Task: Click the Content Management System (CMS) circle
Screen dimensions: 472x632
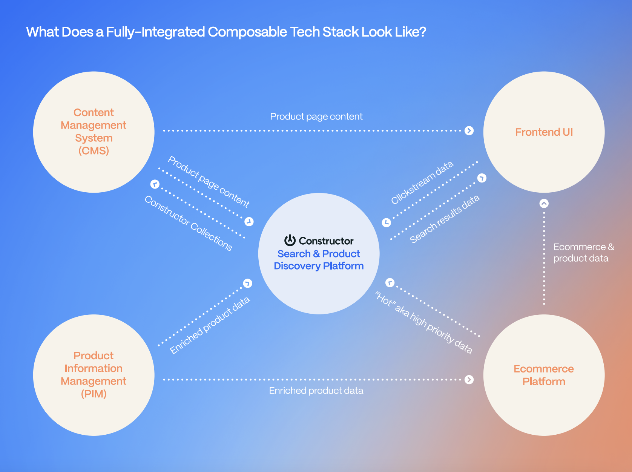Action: click(94, 132)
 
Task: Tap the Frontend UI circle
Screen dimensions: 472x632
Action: click(544, 132)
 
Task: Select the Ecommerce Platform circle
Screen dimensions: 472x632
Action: click(544, 375)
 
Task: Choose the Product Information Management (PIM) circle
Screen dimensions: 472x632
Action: click(94, 375)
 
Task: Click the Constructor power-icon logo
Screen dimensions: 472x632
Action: click(290, 240)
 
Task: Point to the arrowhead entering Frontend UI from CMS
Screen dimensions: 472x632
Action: click(469, 131)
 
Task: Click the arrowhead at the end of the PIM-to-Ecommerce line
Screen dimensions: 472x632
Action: click(469, 380)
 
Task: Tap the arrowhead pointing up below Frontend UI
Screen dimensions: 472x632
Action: click(544, 204)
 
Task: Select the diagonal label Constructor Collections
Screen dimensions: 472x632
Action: click(188, 223)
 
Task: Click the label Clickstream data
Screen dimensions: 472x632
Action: click(422, 183)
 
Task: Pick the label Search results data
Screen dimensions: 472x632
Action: click(445, 219)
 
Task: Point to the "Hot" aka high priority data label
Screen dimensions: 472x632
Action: click(423, 323)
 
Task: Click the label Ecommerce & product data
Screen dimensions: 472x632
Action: click(583, 253)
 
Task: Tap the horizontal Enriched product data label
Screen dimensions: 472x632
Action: click(316, 391)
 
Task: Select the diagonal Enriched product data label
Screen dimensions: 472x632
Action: click(210, 325)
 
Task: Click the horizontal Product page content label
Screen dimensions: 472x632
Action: click(316, 116)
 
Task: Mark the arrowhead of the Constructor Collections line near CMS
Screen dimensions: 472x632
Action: click(155, 184)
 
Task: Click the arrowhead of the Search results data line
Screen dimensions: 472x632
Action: click(482, 178)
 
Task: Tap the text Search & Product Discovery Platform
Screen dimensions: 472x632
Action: click(319, 260)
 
